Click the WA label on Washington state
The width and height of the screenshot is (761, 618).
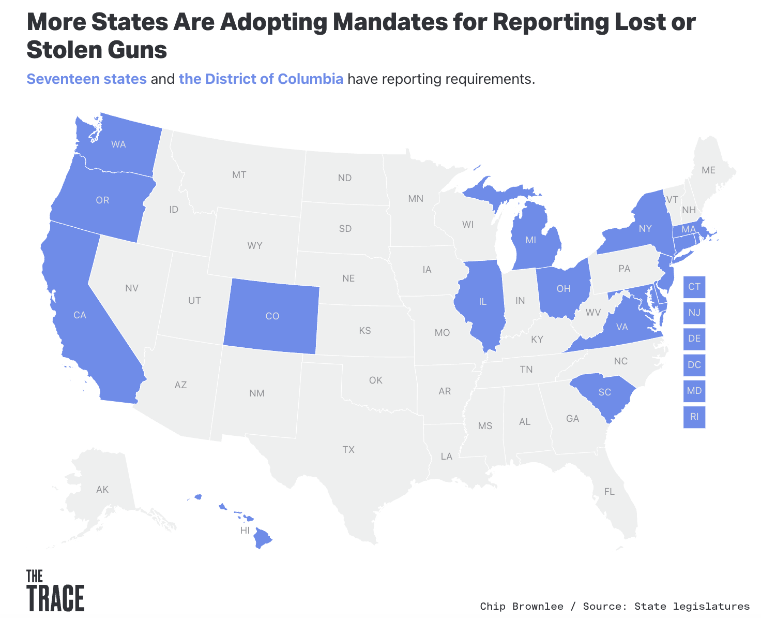[118, 144]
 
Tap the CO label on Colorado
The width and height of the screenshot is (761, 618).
[272, 316]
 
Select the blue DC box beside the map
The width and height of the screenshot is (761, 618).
[694, 365]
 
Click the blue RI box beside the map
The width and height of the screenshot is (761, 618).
[694, 417]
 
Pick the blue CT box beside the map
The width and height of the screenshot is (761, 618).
[694, 287]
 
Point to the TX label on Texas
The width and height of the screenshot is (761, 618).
[348, 449]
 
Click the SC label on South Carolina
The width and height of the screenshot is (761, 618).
[604, 392]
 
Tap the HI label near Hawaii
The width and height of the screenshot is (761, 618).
[245, 531]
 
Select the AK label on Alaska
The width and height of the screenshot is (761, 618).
[102, 489]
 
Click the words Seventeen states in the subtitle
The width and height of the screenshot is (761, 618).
[86, 79]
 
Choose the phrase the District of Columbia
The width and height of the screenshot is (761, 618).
[261, 79]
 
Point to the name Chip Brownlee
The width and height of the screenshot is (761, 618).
[521, 606]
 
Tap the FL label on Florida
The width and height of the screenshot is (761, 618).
[610, 491]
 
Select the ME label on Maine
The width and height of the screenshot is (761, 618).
[708, 170]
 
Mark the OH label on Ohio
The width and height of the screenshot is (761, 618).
[564, 289]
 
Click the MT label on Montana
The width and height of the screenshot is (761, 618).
[239, 175]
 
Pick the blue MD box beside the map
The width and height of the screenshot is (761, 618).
[694, 391]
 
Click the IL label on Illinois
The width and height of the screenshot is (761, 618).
[482, 302]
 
